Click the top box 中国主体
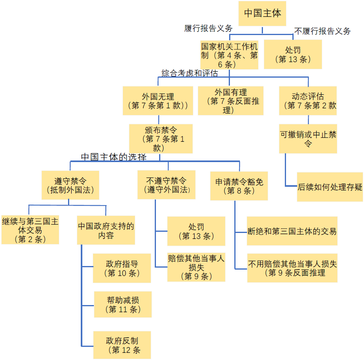pos(262,14)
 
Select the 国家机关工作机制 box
pos(229,55)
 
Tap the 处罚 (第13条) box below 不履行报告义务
pos(293,55)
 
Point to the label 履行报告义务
pos(208,29)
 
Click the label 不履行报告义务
pos(322,31)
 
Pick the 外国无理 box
pos(158,101)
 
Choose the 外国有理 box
pos(230,101)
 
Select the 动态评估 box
pos(308,101)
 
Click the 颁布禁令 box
pos(161,139)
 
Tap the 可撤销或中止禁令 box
pos(308,139)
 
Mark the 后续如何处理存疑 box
pos(330,187)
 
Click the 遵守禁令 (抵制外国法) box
pos(70,185)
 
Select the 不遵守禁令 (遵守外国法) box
pos(166,184)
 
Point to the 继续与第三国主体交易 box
pos(30,230)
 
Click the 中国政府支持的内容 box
pos(106,230)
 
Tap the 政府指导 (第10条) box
pos(122,268)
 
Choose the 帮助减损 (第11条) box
pos(123,304)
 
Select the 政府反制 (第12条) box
pos(122,345)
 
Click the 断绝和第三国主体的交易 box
pos(292,231)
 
